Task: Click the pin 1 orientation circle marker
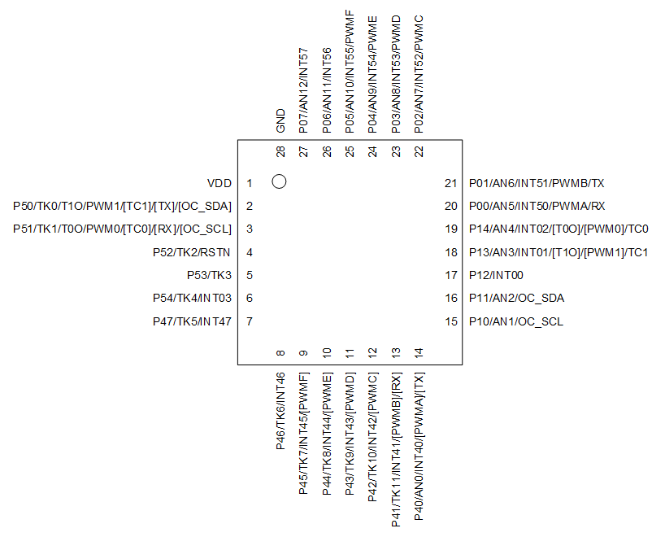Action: point(279,182)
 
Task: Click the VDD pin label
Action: point(219,183)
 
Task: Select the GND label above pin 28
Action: point(280,120)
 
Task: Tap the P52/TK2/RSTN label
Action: point(192,252)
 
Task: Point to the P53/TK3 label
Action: point(209,275)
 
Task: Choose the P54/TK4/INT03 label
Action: point(192,299)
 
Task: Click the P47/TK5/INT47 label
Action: point(192,321)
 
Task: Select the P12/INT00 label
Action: point(496,275)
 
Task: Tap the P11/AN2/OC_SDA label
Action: point(516,299)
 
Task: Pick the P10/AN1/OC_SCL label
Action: point(515,321)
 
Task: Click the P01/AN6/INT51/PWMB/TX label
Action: point(537,183)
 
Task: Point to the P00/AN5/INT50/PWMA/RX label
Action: point(537,206)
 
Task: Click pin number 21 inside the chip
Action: point(451,183)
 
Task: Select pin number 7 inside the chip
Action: point(250,321)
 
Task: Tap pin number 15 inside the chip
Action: point(451,321)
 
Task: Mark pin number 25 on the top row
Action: point(350,151)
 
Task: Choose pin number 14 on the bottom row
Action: point(419,353)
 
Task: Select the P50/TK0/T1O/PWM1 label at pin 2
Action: point(123,206)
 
